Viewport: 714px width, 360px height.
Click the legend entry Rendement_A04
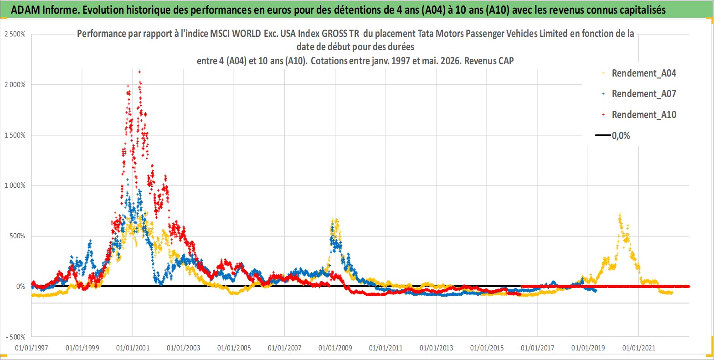639,73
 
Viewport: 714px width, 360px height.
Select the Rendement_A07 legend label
639,94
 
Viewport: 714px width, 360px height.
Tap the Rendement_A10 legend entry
639,114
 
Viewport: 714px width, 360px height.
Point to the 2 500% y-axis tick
15,34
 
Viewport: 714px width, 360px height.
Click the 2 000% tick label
15,84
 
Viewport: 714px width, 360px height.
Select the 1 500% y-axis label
15,135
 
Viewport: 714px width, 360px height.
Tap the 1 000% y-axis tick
15,185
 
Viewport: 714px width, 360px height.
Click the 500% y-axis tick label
17,236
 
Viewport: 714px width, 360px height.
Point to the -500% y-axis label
15,337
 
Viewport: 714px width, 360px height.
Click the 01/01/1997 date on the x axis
31,348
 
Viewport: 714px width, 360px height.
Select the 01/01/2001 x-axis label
133,348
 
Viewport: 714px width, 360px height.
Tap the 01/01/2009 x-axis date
335,348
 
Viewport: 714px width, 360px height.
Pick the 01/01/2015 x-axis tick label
487,348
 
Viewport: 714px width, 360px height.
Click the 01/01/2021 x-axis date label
639,348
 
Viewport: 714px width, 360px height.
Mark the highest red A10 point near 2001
139,71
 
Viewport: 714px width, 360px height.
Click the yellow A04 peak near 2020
620,214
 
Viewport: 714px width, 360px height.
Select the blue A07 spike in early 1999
91,241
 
